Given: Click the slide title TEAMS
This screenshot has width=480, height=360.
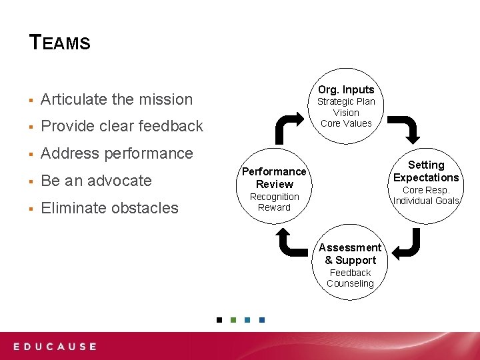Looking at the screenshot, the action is click(x=60, y=43).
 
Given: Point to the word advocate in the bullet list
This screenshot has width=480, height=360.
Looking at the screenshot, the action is click(x=119, y=181).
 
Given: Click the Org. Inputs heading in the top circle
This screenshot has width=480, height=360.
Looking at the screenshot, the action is click(x=346, y=89).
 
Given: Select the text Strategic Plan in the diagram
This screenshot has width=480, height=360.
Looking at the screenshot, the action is click(x=346, y=101).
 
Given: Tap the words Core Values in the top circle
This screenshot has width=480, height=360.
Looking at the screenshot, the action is click(x=346, y=123).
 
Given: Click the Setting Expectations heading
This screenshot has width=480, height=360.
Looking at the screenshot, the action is click(x=426, y=171).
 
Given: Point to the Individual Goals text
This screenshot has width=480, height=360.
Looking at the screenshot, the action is click(x=426, y=201).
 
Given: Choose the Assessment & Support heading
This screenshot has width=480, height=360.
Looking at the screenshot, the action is click(x=350, y=253).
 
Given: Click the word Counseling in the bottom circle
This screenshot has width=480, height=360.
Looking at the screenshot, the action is click(x=350, y=283).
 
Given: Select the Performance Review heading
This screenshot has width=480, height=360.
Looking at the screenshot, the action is click(x=274, y=177).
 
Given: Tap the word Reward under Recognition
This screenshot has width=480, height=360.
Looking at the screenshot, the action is click(x=274, y=207).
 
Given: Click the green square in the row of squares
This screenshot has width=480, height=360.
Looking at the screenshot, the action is click(x=233, y=320).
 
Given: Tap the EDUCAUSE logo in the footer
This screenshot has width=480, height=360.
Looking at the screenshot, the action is click(x=55, y=347).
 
